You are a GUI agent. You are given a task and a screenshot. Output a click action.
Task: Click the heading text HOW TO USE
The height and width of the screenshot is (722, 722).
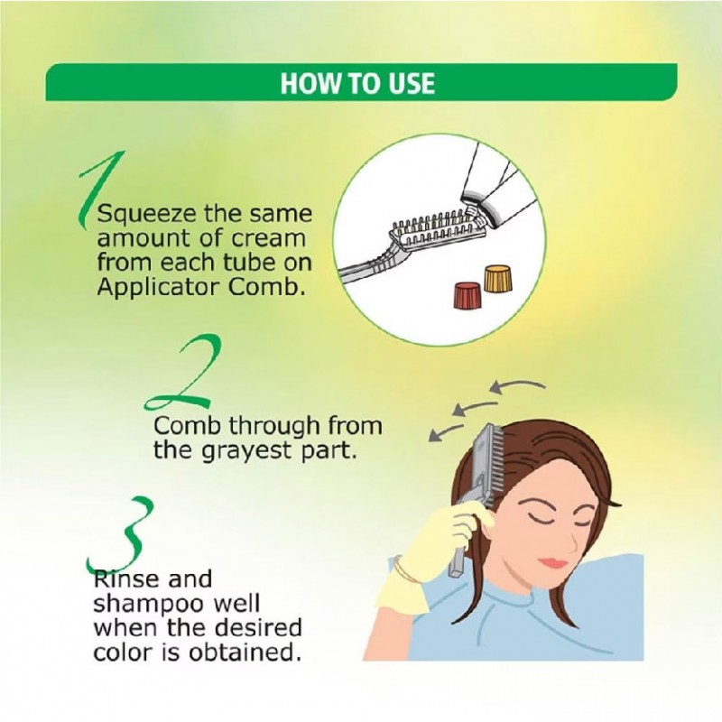click(357, 83)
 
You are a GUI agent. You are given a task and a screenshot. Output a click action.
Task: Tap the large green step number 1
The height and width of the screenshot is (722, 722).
click(100, 189)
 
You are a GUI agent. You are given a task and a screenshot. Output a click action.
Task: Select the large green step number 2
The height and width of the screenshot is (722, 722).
click(184, 373)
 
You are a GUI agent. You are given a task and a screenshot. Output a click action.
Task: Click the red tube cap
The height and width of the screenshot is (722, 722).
click(467, 296)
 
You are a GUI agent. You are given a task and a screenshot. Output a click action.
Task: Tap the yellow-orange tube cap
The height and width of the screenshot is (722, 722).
click(495, 278)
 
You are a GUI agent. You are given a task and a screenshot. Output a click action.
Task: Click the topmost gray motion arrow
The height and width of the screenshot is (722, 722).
click(516, 385)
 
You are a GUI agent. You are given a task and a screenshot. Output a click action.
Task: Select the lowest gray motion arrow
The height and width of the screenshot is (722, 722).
click(445, 432)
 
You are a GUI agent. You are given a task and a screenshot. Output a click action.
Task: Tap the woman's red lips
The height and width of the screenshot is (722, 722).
click(555, 562)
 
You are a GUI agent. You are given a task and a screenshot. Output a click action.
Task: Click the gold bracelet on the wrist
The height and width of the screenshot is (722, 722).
click(405, 569)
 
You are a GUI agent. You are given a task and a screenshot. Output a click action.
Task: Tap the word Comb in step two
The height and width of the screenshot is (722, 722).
click(188, 426)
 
